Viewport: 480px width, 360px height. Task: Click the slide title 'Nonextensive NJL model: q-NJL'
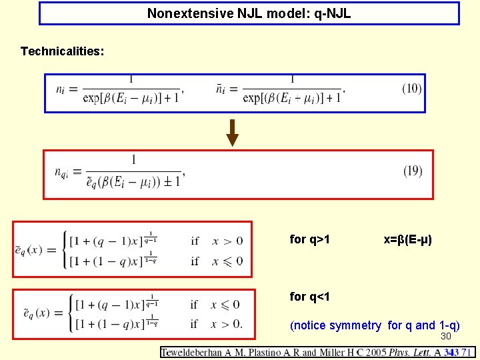click(249, 13)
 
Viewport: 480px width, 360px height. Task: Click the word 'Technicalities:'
click(62, 51)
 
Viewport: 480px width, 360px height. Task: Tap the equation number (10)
click(412, 89)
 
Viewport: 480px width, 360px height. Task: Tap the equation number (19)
click(413, 171)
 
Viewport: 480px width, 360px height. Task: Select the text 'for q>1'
click(310, 239)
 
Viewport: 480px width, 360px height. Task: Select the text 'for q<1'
click(310, 297)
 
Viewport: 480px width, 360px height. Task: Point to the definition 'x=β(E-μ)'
click(408, 239)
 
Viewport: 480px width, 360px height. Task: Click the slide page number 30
click(446, 336)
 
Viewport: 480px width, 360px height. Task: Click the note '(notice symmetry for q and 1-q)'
click(375, 325)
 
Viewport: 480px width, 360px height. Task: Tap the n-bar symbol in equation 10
click(221, 89)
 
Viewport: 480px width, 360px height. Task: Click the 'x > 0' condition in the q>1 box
click(227, 241)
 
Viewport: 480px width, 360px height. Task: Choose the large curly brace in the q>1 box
click(65, 250)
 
